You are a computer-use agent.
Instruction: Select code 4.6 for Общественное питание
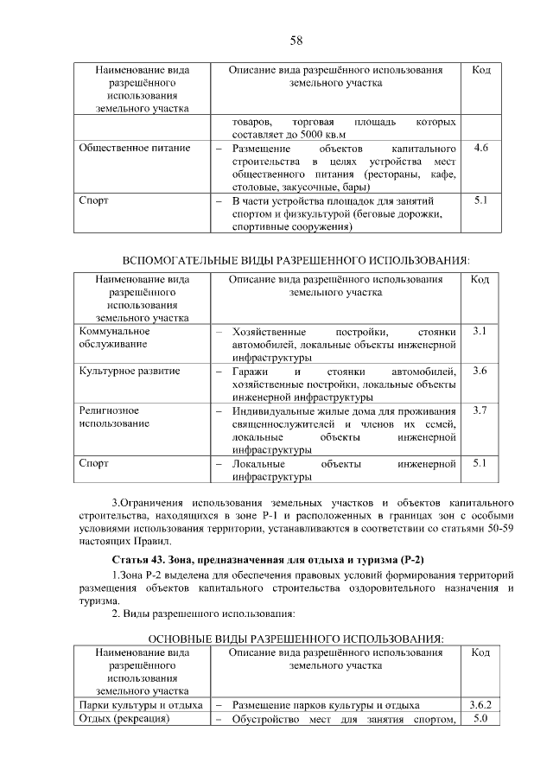481,148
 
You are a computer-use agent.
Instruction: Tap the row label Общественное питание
134,148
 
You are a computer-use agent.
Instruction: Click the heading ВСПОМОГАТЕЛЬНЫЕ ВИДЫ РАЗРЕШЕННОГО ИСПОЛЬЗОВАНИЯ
296,260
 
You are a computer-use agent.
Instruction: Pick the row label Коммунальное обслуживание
114,338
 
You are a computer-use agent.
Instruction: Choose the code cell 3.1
480,332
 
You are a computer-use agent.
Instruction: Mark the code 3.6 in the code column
480,372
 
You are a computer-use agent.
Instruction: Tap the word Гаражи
251,372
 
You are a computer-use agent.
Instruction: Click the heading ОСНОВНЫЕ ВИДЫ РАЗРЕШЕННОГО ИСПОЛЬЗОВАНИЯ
296,638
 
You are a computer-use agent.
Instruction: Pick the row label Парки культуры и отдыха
140,705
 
